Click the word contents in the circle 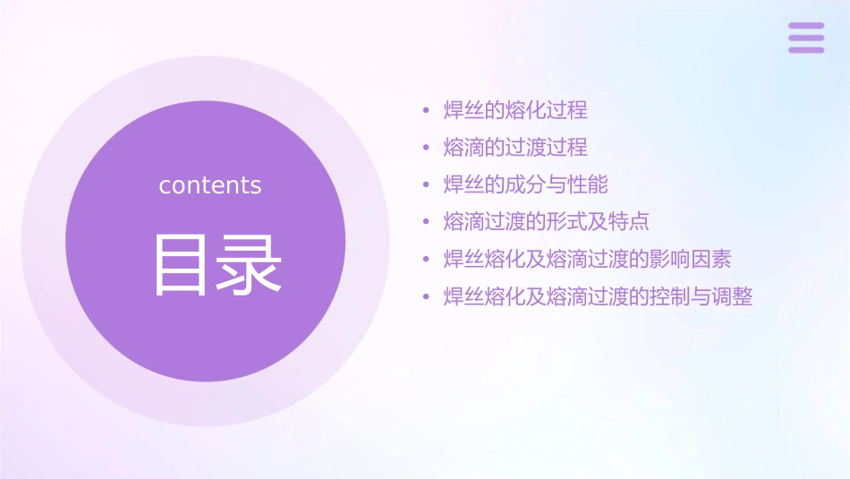coord(210,185)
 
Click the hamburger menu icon coord(806,38)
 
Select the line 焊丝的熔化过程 coord(515,111)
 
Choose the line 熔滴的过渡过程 coord(515,148)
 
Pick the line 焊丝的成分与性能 coord(525,185)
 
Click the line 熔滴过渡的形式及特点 coord(546,222)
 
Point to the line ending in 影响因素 coord(587,260)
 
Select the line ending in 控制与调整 coord(598,296)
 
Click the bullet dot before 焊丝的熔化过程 coord(427,112)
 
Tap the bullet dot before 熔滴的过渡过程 coord(427,149)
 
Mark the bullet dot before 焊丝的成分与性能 coord(427,186)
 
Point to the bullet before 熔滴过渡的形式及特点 coord(427,223)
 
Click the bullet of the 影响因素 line coord(427,261)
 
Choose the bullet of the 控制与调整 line coord(427,297)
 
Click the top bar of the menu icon coord(806,26)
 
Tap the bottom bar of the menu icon coord(806,49)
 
